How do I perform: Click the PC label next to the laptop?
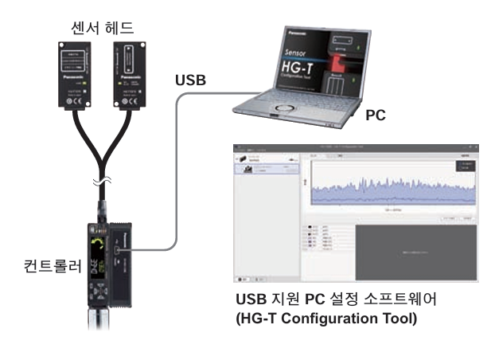tap(375, 115)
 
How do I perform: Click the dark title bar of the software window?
tap(354, 148)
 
